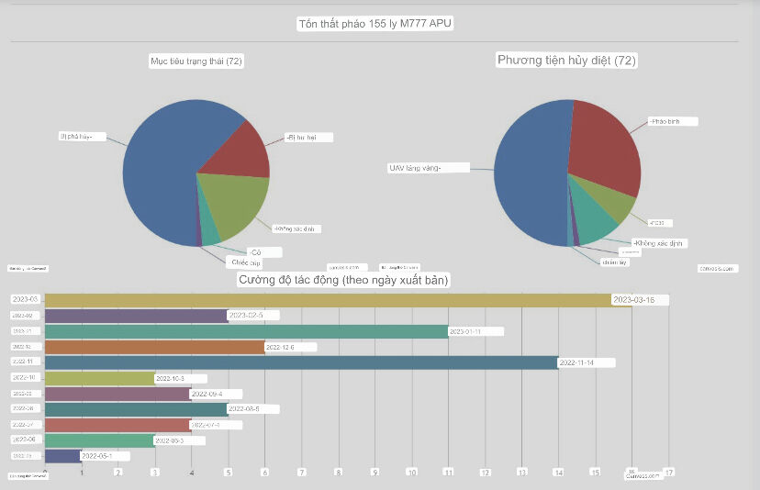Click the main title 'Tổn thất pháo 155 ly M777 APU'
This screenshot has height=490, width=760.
376,23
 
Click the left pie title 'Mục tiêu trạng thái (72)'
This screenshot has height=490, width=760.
197,61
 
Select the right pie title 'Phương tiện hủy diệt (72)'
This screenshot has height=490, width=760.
566,61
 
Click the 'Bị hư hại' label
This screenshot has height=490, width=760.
307,138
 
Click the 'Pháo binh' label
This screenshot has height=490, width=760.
673,121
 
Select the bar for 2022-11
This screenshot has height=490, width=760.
301,362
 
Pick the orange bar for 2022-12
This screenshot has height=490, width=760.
154,347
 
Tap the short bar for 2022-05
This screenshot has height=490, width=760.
62,456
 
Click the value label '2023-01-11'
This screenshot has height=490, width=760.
476,331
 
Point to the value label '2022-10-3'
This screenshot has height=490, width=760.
180,378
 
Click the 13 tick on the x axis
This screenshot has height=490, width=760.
521,473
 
